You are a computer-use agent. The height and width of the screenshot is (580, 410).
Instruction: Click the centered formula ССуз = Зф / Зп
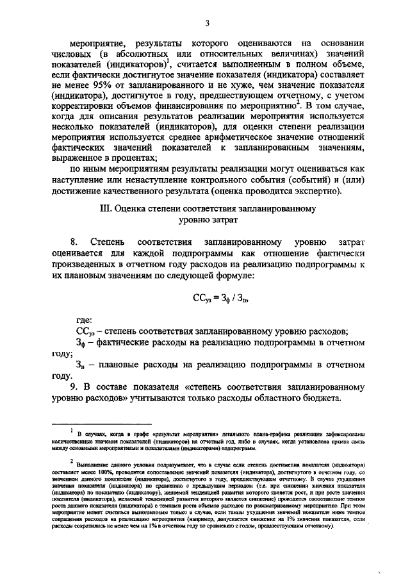(x=211, y=297)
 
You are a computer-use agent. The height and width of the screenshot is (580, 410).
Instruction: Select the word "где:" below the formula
(x=84, y=320)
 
